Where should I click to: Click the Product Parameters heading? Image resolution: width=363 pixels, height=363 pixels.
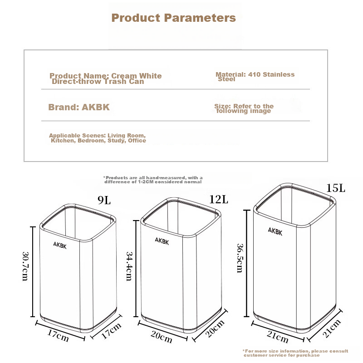(x=174, y=18)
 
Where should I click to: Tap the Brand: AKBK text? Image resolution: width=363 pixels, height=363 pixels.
(x=79, y=107)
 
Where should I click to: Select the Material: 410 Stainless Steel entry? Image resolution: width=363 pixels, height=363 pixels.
(x=255, y=77)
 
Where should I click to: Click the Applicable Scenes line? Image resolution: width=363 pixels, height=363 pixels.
(x=98, y=138)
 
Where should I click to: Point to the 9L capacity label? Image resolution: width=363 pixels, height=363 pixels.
(x=104, y=200)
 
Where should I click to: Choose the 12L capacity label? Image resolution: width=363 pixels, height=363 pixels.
(x=219, y=199)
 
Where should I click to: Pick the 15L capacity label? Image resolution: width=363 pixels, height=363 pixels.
(x=336, y=188)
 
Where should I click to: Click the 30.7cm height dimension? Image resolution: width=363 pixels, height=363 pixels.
(x=25, y=266)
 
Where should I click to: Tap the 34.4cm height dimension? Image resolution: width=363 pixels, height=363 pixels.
(x=129, y=266)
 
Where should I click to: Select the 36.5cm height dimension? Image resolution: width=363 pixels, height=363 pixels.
(x=240, y=258)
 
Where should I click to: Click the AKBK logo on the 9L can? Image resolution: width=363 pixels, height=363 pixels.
(x=60, y=245)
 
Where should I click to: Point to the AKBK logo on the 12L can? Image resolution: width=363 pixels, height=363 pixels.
(x=162, y=241)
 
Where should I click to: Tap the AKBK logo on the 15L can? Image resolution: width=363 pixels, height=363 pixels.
(x=275, y=231)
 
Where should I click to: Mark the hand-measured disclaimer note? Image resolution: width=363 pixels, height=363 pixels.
(x=153, y=180)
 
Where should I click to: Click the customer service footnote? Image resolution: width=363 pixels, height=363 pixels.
(x=295, y=353)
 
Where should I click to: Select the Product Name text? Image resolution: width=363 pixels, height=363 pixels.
(x=106, y=78)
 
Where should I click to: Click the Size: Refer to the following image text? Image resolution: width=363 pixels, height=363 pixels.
(x=244, y=108)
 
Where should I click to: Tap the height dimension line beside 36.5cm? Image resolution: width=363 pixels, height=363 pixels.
(x=247, y=263)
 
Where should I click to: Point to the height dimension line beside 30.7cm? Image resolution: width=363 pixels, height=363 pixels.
(x=33, y=272)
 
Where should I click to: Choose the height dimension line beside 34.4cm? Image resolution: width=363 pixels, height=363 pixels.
(x=136, y=269)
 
